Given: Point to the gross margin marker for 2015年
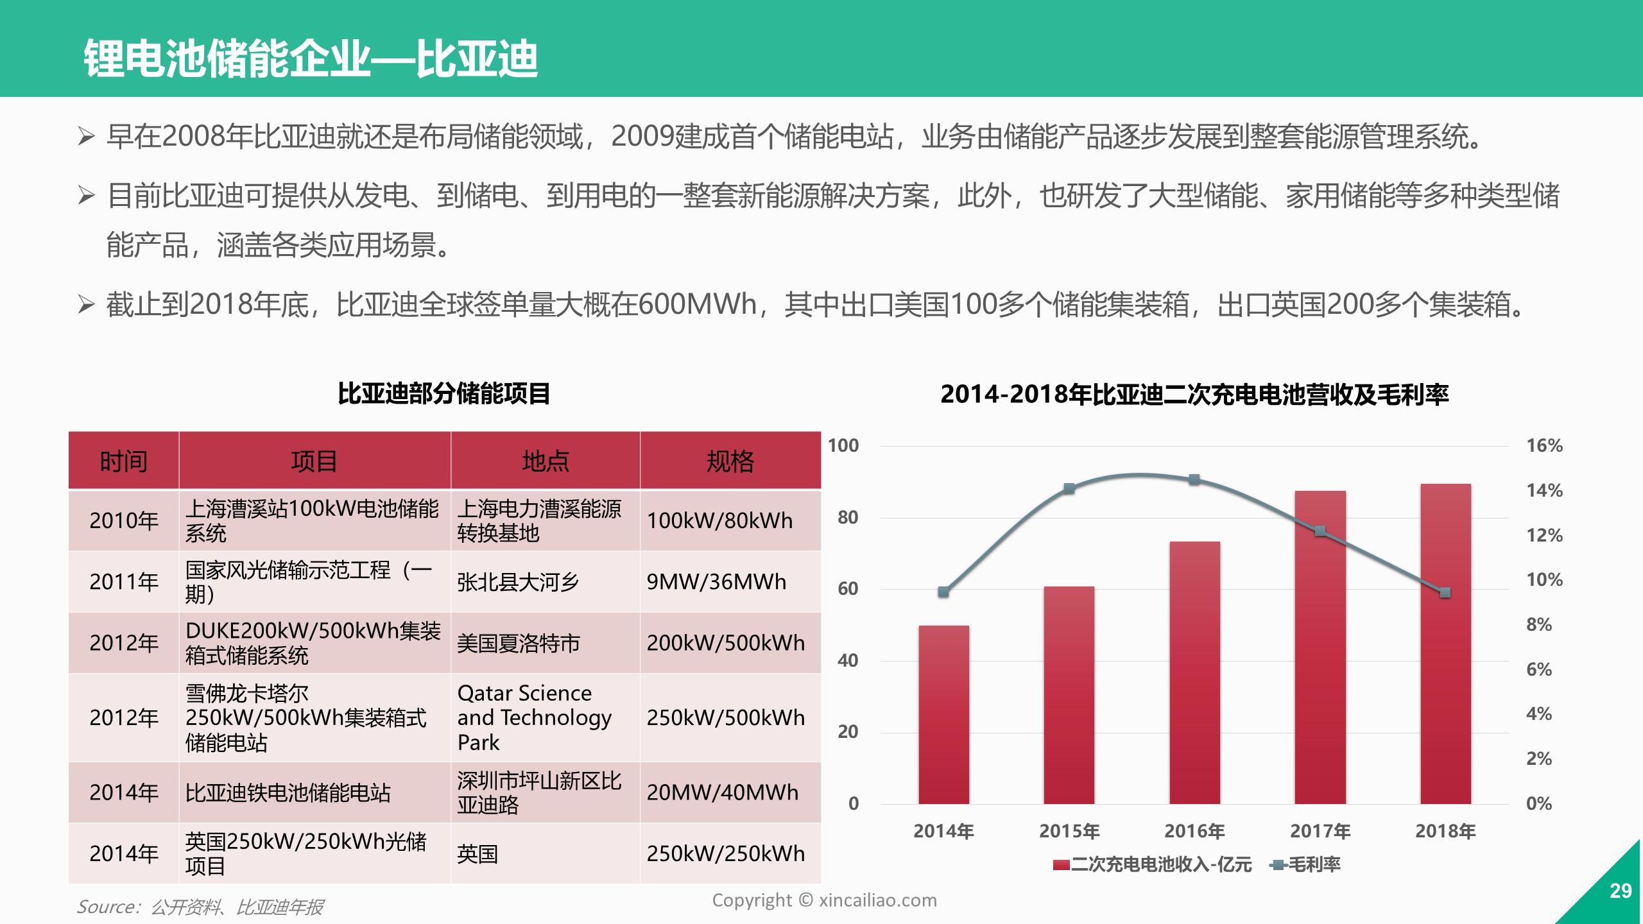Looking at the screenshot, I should pyautogui.click(x=1069, y=488).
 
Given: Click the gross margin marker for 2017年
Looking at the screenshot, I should pyautogui.click(x=1320, y=531).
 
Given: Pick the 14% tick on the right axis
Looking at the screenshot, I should pyautogui.click(x=1544, y=491).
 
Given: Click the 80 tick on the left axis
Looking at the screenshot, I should pyautogui.click(x=847, y=517).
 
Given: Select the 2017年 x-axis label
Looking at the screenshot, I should pyautogui.click(x=1320, y=831).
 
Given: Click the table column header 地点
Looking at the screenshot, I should pyautogui.click(x=546, y=461).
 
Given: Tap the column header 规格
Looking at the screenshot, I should pyautogui.click(x=730, y=461).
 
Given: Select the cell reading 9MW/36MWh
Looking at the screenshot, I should pyautogui.click(x=716, y=581).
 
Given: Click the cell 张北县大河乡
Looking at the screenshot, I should pyautogui.click(x=518, y=581).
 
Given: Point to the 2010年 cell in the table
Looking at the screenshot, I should pyautogui.click(x=124, y=520).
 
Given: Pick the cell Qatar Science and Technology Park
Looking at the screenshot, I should pyautogui.click(x=534, y=717).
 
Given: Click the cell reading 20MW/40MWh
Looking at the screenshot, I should pyautogui.click(x=723, y=792).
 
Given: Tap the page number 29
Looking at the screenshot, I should pyautogui.click(x=1621, y=891).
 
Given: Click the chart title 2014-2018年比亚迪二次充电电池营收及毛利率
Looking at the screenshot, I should pyautogui.click(x=1194, y=394).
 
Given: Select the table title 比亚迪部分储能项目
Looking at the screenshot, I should pyautogui.click(x=444, y=393).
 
